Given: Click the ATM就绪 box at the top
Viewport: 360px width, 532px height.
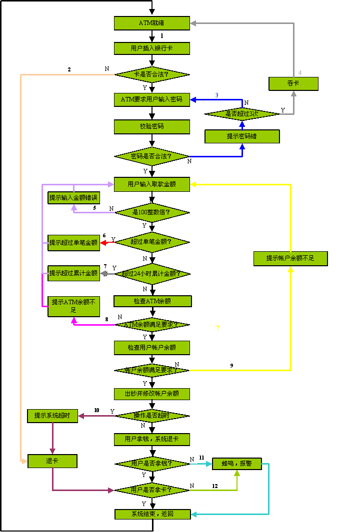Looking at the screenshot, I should [152, 23].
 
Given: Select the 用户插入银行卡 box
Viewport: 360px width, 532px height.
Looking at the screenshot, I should [152, 48].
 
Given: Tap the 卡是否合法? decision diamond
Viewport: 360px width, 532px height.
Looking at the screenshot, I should [152, 74].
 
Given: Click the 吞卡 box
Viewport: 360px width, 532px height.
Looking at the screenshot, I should [293, 83].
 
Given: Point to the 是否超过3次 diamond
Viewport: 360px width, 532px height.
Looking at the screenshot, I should [242, 114].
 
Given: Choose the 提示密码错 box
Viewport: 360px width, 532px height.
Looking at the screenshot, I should [242, 136].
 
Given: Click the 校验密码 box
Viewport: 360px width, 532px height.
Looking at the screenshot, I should [152, 126].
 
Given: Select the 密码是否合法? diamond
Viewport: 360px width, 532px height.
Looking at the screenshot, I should [152, 156].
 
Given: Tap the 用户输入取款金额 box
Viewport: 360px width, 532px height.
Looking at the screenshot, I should [152, 184].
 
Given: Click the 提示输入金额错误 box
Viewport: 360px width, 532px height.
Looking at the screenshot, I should [74, 198].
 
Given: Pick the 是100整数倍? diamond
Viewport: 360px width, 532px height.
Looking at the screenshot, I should [152, 212].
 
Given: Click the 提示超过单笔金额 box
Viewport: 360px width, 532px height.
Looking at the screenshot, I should [74, 243].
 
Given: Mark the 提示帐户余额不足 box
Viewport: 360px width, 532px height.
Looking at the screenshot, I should [290, 258].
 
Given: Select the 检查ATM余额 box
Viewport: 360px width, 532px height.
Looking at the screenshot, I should [152, 301].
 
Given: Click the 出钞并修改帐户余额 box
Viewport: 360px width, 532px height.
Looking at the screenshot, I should [152, 394].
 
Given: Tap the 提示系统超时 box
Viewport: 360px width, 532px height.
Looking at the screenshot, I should [52, 416].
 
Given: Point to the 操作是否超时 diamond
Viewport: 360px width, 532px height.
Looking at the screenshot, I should [152, 416].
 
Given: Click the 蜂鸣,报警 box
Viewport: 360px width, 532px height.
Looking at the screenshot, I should [237, 464].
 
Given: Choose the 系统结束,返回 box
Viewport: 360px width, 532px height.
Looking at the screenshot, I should [152, 514].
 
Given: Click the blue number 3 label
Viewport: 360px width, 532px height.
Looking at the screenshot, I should [216, 95].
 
